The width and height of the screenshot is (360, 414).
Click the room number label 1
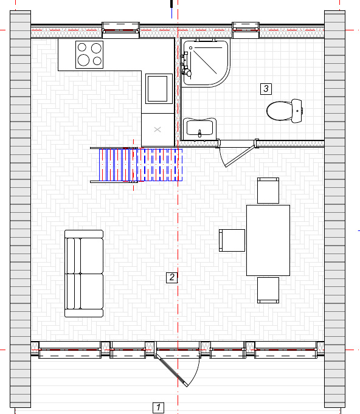159,407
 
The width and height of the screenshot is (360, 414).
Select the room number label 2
171,277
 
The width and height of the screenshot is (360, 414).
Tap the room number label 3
266,89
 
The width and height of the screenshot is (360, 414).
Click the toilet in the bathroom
284,111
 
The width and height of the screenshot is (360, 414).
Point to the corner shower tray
206,63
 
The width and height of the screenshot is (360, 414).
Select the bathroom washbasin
199,128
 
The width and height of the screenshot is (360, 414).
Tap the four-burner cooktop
89,55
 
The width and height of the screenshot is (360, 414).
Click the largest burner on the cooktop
83,60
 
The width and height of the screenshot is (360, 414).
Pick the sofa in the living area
84,274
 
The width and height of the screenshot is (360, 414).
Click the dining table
268,240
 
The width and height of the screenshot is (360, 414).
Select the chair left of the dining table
232,240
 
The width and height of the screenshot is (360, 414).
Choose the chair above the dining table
268,191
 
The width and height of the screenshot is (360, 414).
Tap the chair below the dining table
268,290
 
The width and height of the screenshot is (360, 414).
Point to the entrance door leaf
171,370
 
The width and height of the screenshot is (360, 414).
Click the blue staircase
141,165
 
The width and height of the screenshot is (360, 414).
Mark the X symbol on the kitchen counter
157,129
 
